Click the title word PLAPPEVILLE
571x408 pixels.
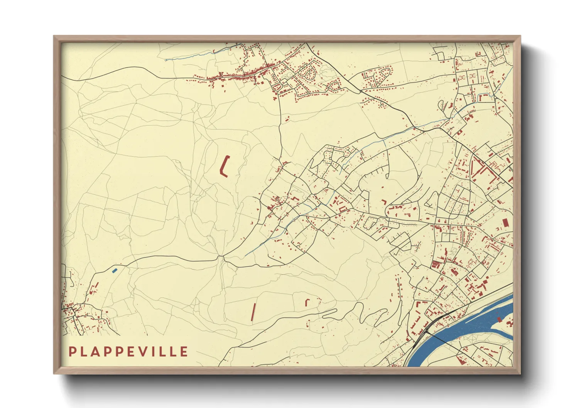[128, 351]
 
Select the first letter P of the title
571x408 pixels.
[72, 351]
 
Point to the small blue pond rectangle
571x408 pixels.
[114, 270]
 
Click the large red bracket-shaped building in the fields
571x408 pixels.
[224, 166]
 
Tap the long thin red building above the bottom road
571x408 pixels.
[253, 312]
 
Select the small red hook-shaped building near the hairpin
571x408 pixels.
[307, 302]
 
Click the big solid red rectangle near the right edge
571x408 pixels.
[505, 223]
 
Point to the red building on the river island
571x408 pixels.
[499, 319]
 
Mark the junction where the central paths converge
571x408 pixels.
[221, 256]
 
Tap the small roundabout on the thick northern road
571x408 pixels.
[360, 91]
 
